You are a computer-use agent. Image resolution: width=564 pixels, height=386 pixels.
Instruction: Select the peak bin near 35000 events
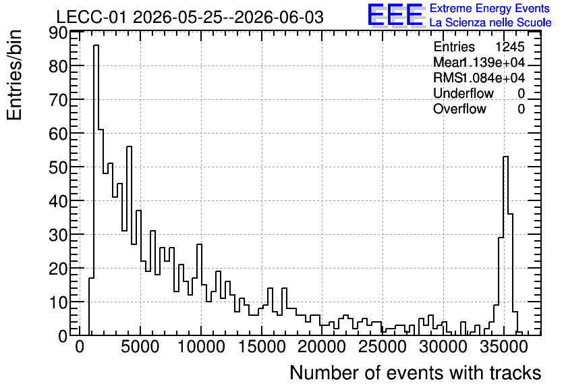click(505, 246)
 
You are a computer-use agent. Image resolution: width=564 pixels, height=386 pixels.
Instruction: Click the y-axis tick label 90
click(58, 33)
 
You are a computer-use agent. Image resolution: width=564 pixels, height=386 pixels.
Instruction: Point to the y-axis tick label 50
click(58, 167)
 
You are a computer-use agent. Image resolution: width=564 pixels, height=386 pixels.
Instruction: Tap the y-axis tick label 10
click(58, 302)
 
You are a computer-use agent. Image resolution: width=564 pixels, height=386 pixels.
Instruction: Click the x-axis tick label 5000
click(140, 348)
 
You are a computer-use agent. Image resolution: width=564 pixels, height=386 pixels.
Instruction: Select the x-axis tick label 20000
click(322, 348)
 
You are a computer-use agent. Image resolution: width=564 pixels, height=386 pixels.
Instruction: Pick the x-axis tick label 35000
click(503, 348)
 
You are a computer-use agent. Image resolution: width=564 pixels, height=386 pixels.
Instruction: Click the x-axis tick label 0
click(80, 348)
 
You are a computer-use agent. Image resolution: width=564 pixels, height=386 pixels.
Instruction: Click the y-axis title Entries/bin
click(14, 76)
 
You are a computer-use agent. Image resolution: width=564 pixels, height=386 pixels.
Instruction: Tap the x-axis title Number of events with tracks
click(416, 373)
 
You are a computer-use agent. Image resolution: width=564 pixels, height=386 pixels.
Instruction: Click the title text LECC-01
click(91, 17)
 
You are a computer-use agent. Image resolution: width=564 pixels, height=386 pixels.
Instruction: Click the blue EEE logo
click(395, 15)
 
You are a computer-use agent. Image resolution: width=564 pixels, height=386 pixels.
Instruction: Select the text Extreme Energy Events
click(490, 8)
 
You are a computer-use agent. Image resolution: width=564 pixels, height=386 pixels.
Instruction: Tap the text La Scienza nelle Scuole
click(490, 23)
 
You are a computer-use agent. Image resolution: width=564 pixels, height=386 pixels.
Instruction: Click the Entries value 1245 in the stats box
click(509, 47)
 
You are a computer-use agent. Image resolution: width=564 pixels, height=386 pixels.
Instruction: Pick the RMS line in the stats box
click(479, 78)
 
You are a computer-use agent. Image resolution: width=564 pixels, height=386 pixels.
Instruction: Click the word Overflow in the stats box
click(459, 109)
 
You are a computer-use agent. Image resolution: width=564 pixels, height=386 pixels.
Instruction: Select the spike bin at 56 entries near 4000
click(129, 241)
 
